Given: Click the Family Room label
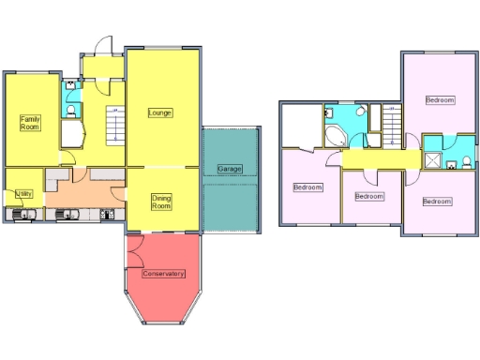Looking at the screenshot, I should [x=31, y=123].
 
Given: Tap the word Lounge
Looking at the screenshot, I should [x=160, y=112].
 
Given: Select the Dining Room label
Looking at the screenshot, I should [x=161, y=201].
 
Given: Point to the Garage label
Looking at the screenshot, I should [x=230, y=169].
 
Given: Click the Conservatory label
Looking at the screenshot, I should [x=163, y=274].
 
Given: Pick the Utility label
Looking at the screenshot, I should [x=24, y=193].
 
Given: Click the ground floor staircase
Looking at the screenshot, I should [x=113, y=125].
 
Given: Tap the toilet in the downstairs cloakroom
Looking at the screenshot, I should [x=73, y=110].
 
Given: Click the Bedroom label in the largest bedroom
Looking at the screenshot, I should [x=440, y=99].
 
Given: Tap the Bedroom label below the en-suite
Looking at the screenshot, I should [x=436, y=202].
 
